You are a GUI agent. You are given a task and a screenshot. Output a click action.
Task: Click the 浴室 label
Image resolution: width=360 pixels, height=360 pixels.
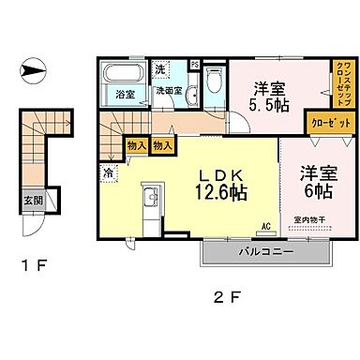(x=124, y=95)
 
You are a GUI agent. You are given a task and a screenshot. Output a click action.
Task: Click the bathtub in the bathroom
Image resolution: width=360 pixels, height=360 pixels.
(x=123, y=74)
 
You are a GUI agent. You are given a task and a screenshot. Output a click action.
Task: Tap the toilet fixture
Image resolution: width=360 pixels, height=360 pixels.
(x=215, y=81)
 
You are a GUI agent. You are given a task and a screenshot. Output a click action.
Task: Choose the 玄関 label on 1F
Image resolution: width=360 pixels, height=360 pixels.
(x=31, y=198)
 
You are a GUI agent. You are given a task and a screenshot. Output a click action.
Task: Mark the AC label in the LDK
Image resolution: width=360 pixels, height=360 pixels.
(x=265, y=226)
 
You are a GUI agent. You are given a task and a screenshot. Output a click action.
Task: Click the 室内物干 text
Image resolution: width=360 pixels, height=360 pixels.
(x=308, y=221)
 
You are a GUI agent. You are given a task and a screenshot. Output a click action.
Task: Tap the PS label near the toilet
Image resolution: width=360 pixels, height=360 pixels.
(x=194, y=65)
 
